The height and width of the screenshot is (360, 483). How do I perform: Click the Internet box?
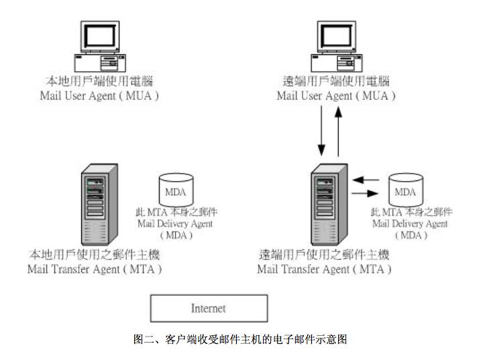pos(208,309)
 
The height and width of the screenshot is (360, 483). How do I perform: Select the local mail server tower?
pos(95,209)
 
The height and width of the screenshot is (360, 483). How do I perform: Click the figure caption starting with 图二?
pos(240,339)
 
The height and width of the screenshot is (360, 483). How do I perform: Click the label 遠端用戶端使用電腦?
pos(335,82)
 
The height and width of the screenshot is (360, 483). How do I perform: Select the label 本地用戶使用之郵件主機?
pos(95,256)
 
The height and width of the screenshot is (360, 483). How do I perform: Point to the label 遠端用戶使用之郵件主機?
pos(324,256)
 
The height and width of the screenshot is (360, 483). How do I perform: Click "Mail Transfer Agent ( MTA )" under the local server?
pos(95,269)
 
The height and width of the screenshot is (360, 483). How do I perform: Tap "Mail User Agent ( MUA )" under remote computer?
pos(335,95)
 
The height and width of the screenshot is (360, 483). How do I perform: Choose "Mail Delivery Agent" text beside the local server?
pos(176,224)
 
